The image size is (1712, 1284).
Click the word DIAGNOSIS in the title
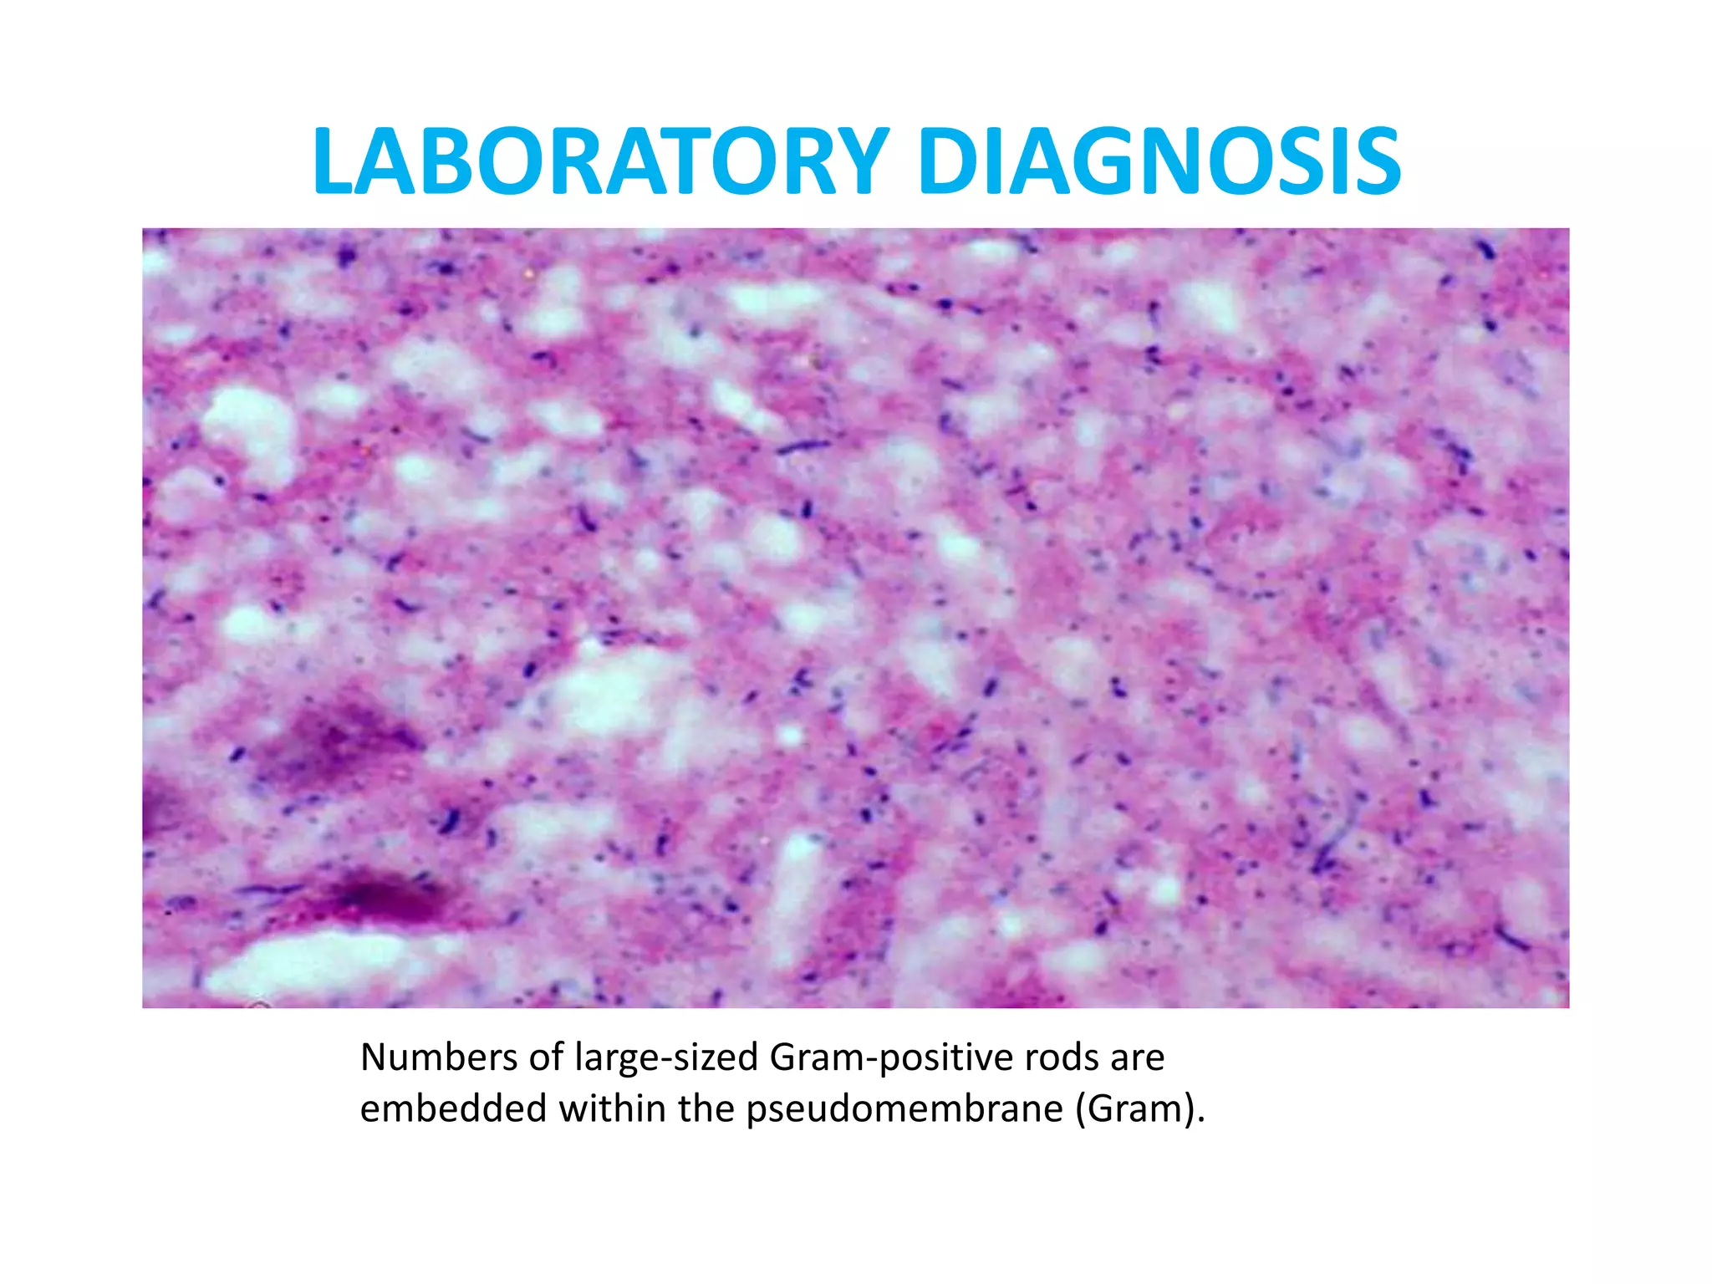tap(1159, 162)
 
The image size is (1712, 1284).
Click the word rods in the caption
tap(1062, 1058)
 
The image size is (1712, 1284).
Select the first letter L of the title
tap(334, 162)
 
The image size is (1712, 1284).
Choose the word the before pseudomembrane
tap(707, 1109)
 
